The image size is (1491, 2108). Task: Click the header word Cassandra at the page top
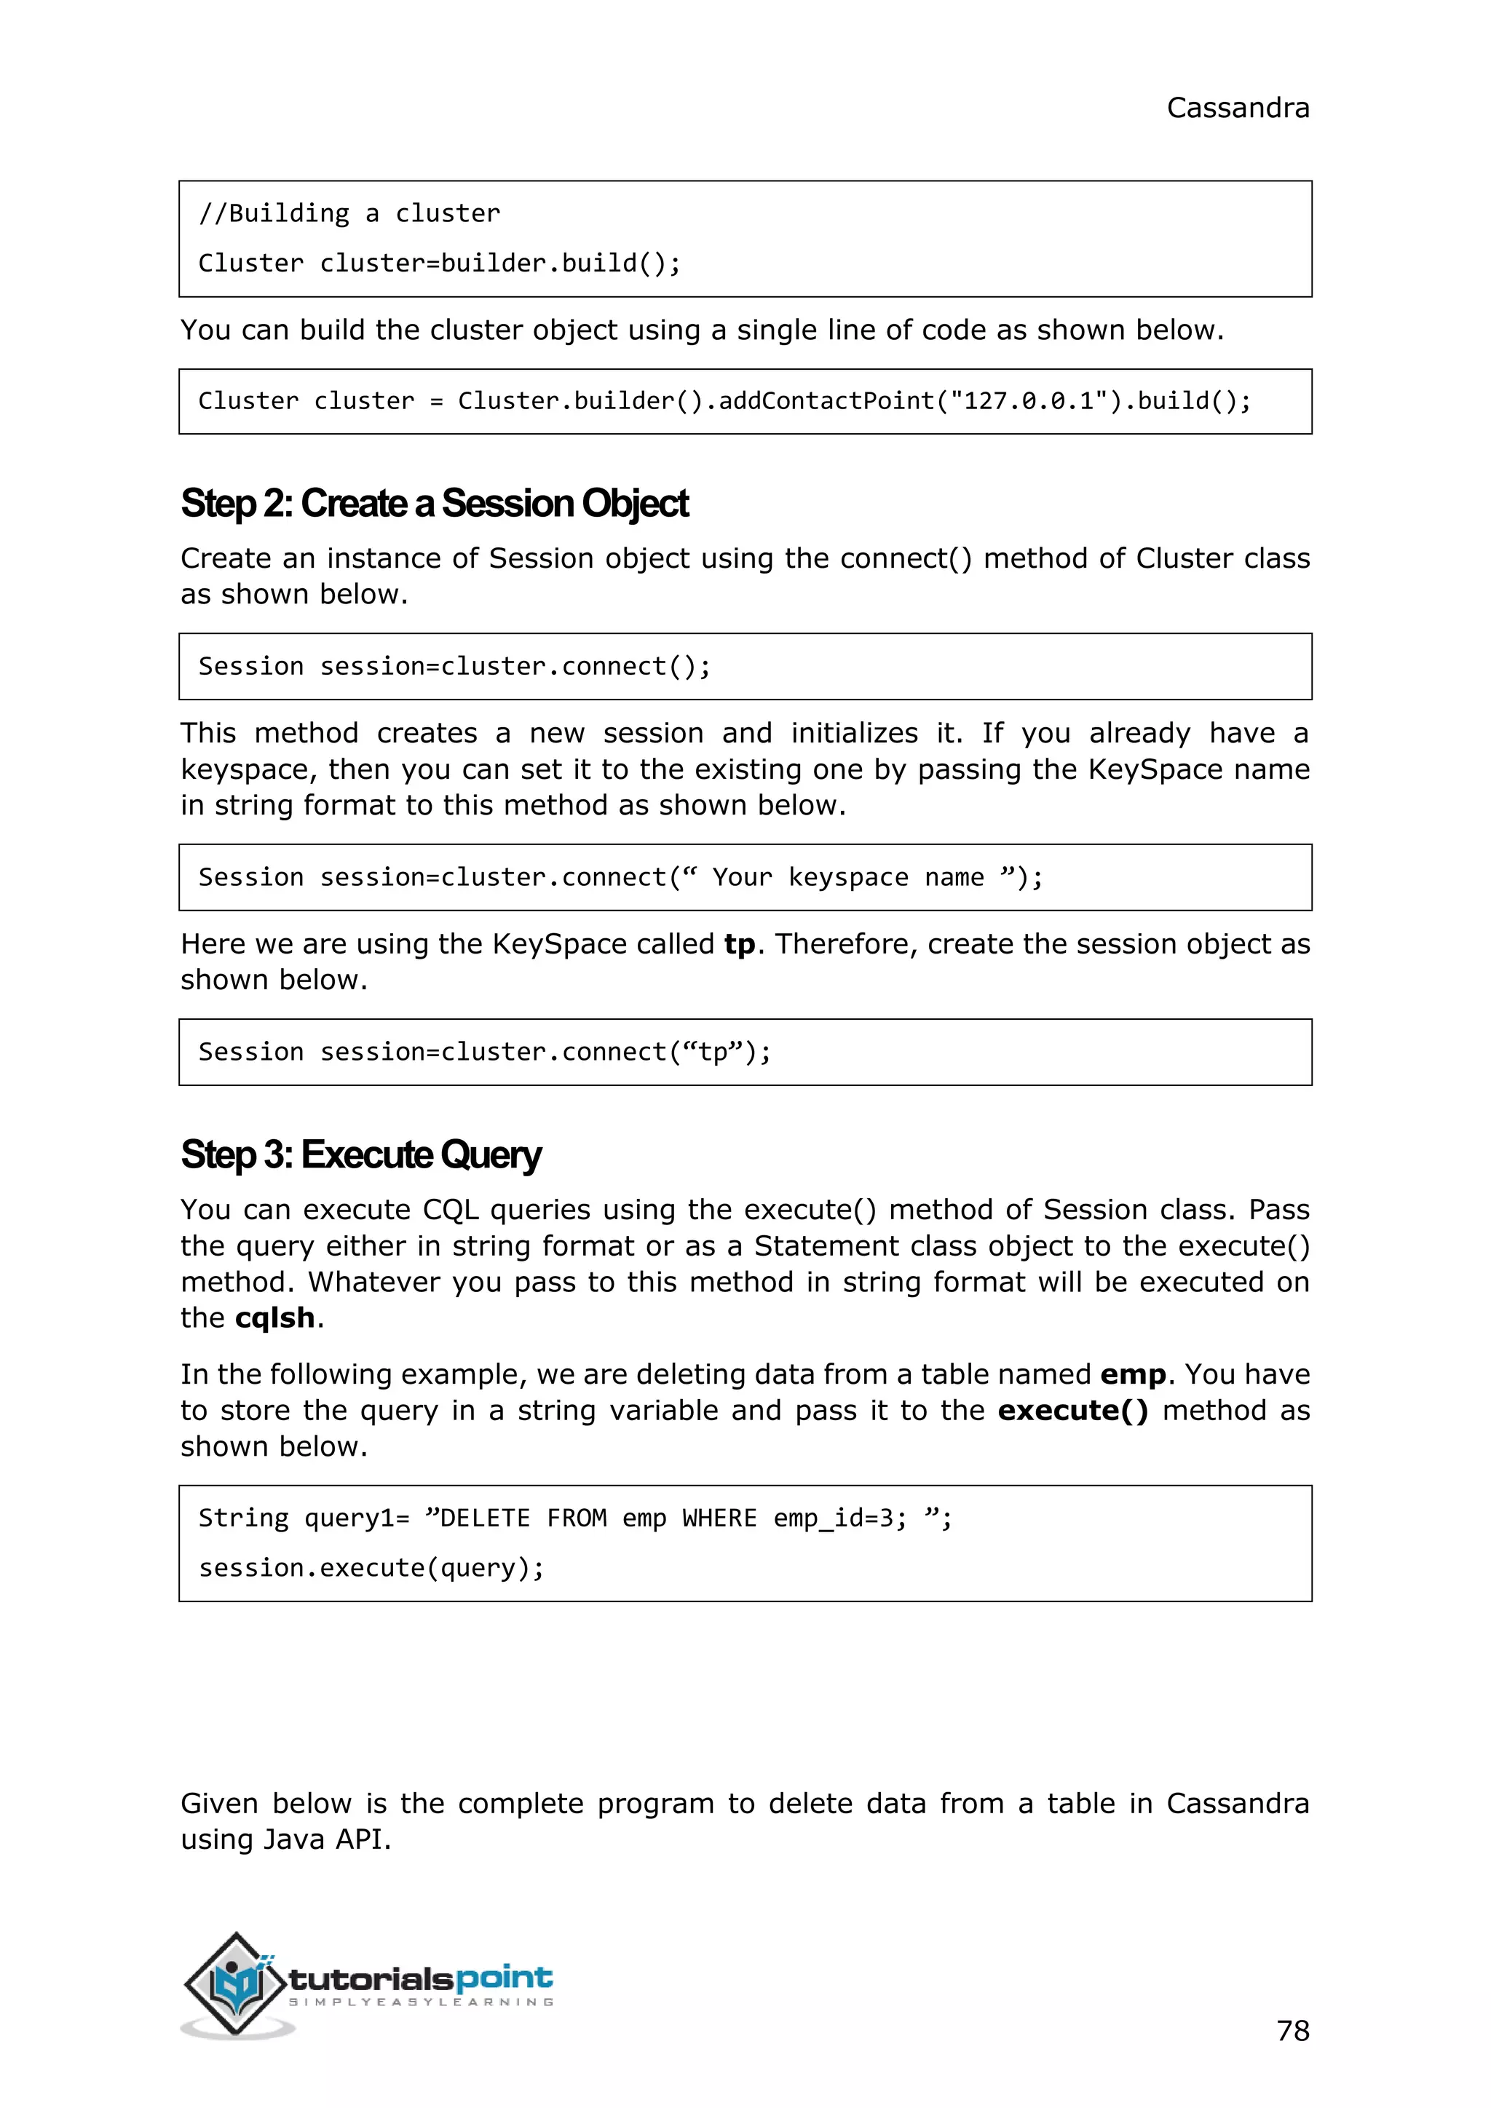pos(1237,108)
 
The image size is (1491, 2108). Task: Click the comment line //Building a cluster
pos(349,214)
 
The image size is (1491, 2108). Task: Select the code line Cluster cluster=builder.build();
pos(439,263)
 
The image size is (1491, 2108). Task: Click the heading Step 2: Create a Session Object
pos(433,504)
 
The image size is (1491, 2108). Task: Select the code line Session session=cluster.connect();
pos(454,667)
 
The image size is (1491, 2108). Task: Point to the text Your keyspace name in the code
pos(847,878)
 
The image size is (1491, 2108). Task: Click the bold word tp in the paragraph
pos(739,945)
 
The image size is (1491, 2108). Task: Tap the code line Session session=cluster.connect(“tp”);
pos(484,1052)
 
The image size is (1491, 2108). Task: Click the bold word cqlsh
pos(274,1318)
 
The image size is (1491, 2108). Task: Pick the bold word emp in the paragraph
pos(1132,1374)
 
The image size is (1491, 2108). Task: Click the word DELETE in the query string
pos(485,1518)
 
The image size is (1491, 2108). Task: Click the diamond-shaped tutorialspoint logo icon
pos(235,1983)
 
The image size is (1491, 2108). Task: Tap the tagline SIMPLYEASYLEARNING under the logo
pos(421,2002)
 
